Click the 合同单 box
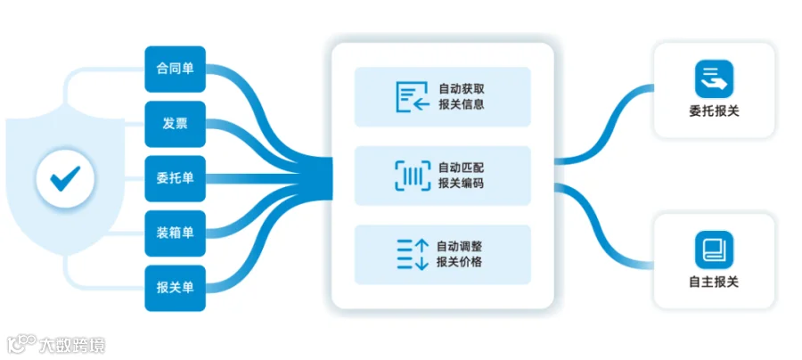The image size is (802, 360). point(175,69)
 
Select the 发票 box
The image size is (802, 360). point(175,123)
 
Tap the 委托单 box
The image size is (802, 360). point(175,178)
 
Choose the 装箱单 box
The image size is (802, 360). point(175,233)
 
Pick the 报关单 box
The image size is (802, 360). point(175,288)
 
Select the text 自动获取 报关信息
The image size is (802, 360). point(462,97)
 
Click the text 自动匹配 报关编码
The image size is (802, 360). point(462,176)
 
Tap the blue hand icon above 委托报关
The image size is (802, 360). point(714,79)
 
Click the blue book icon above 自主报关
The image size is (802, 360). point(714,250)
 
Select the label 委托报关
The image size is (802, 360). point(714,112)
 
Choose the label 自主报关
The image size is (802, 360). point(714,282)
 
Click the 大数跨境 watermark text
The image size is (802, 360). point(72,344)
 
